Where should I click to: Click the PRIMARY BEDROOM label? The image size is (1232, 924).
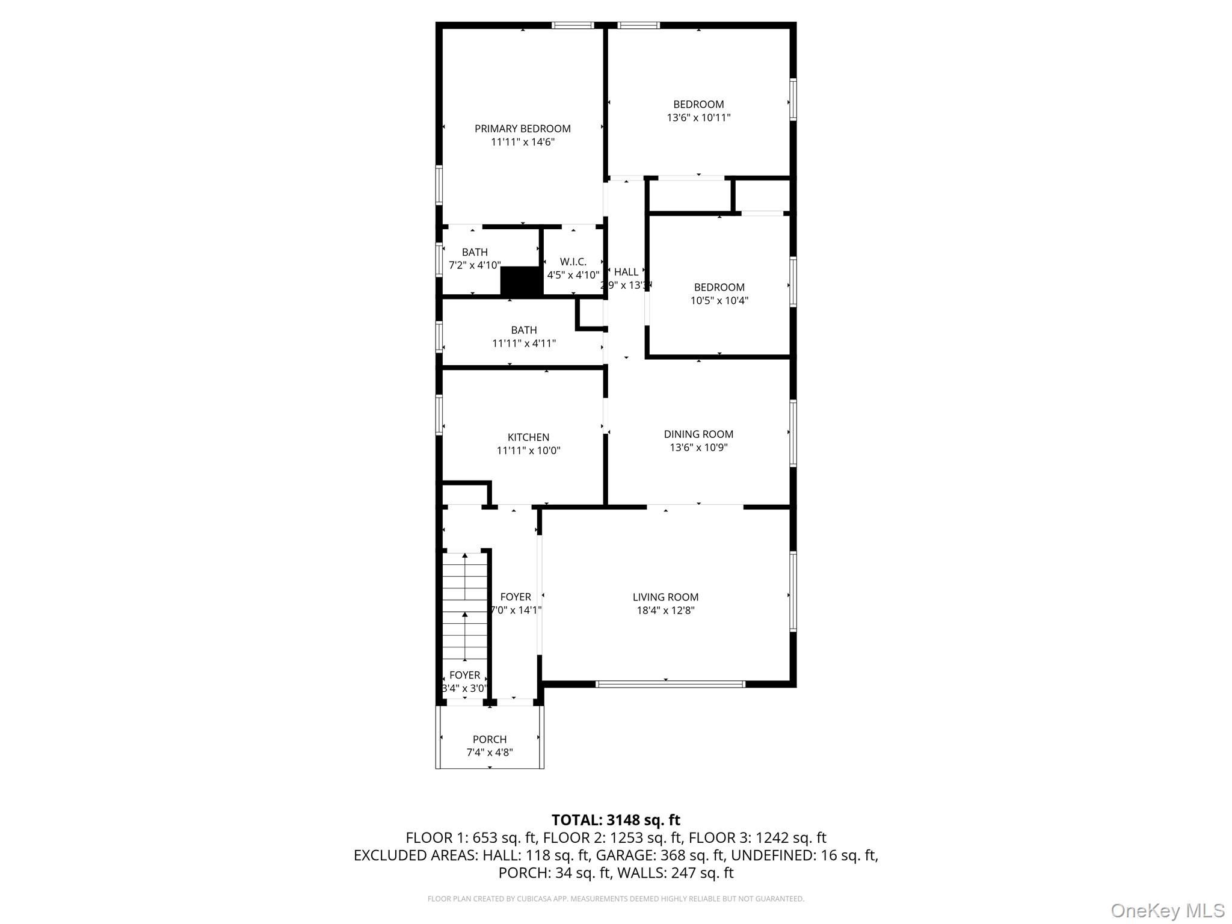coord(522,129)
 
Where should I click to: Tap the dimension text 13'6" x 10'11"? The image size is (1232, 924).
coord(698,118)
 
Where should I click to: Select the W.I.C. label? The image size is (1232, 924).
coord(573,262)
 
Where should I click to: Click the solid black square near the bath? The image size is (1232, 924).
coord(521,281)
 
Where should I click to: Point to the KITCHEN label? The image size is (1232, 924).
coord(528,437)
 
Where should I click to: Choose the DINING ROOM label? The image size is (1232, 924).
coord(698,434)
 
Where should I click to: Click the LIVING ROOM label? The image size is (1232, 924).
coord(665,597)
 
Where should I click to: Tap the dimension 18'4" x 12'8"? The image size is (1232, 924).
coord(665,611)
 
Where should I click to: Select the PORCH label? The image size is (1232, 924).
coord(490,739)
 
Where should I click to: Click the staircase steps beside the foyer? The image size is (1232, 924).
coord(464,608)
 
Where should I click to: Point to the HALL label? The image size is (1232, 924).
coord(626,272)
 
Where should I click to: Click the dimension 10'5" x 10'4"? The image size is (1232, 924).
coord(719,301)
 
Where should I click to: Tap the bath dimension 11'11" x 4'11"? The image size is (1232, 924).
coord(523,343)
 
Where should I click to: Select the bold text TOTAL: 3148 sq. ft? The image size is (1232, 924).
coord(615,820)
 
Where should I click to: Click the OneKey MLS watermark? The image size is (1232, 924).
coord(1167,910)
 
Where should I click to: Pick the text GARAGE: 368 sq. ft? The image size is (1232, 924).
coord(661,855)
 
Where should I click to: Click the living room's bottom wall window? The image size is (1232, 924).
coord(670,684)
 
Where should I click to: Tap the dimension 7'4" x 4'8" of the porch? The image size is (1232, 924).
coord(490,753)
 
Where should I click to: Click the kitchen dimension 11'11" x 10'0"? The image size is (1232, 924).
coord(528,451)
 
